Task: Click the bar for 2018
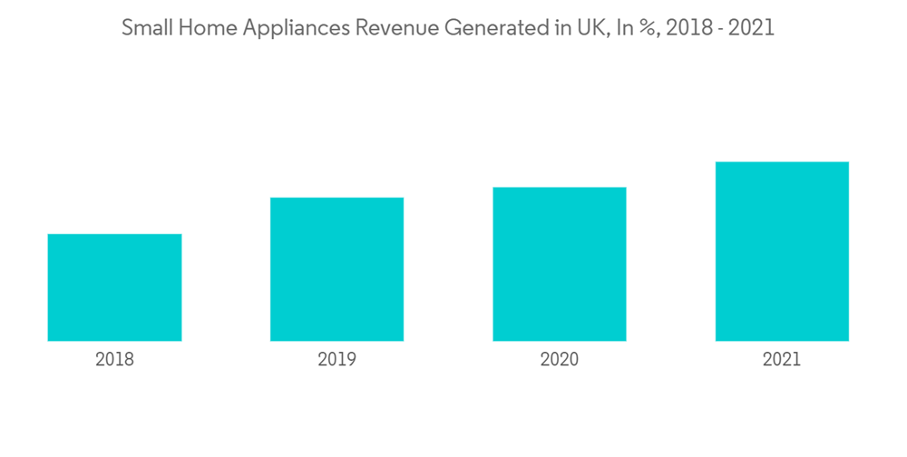(x=114, y=287)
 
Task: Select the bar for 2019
(x=336, y=269)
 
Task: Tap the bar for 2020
(x=560, y=264)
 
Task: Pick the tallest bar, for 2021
(x=782, y=251)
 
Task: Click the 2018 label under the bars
(x=114, y=359)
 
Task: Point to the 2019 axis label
(x=336, y=359)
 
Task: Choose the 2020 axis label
(x=560, y=359)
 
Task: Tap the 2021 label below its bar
(x=782, y=359)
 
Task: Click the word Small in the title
(x=144, y=28)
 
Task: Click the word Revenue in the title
(x=387, y=28)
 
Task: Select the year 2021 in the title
(x=752, y=28)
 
